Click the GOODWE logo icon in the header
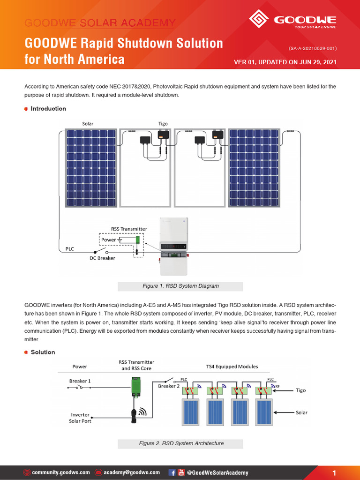(x=258, y=20)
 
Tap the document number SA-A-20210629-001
(x=313, y=48)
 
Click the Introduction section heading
(x=48, y=109)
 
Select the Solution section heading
(x=43, y=352)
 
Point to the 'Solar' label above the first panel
(x=88, y=124)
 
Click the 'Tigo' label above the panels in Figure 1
(x=163, y=124)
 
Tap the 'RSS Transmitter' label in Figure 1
(x=129, y=229)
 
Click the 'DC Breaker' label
(x=102, y=258)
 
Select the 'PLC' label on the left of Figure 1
(x=69, y=248)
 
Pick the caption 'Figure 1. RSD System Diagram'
(x=180, y=286)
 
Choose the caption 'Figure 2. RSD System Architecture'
(x=181, y=443)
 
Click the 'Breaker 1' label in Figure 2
(x=80, y=381)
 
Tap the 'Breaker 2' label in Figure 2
(x=169, y=386)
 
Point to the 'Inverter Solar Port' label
(x=80, y=418)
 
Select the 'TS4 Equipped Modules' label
(x=232, y=366)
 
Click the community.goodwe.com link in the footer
(x=60, y=472)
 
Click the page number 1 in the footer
(x=334, y=473)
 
